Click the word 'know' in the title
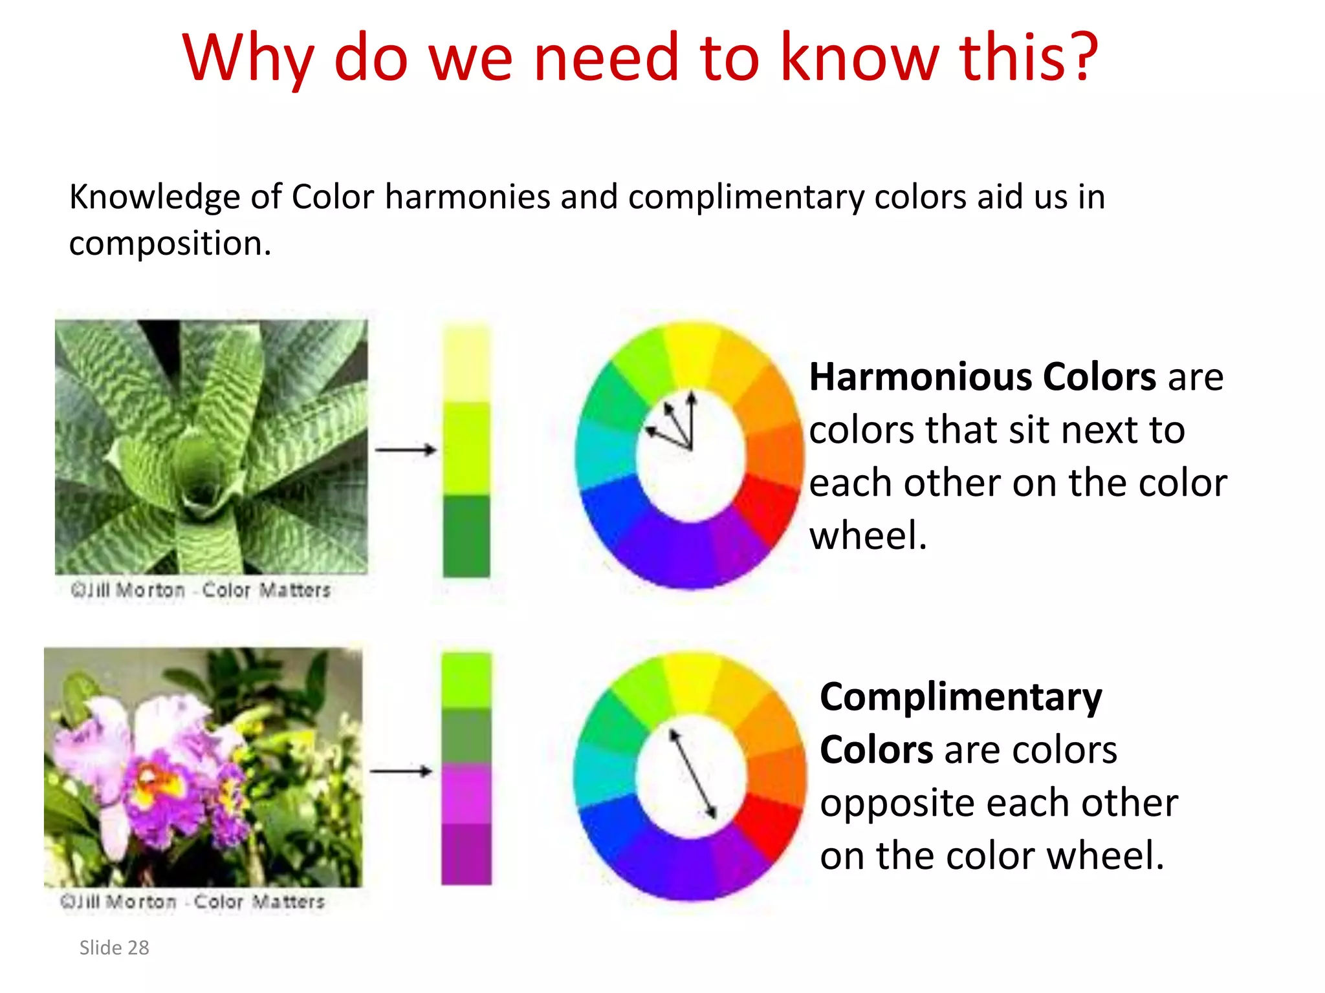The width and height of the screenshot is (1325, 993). [859, 58]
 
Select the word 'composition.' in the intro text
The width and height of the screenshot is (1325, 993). [170, 244]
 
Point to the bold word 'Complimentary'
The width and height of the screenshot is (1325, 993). [961, 697]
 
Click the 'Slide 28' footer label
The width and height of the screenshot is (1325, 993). [114, 948]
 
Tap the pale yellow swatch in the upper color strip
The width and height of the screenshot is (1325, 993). [466, 364]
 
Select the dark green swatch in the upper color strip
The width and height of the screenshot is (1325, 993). [466, 537]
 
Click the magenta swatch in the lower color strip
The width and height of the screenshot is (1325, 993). [466, 793]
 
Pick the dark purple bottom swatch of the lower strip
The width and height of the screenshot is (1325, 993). [466, 853]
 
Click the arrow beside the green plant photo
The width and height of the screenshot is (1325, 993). [406, 449]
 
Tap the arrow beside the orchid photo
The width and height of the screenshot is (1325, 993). [400, 771]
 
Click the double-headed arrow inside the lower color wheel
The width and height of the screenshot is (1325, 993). [692, 774]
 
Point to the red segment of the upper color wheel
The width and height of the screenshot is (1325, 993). [767, 507]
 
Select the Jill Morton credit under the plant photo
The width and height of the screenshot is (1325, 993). [201, 590]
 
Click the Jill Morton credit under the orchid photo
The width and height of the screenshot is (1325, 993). [192, 901]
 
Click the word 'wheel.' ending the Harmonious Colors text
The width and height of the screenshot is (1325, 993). [868, 536]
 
